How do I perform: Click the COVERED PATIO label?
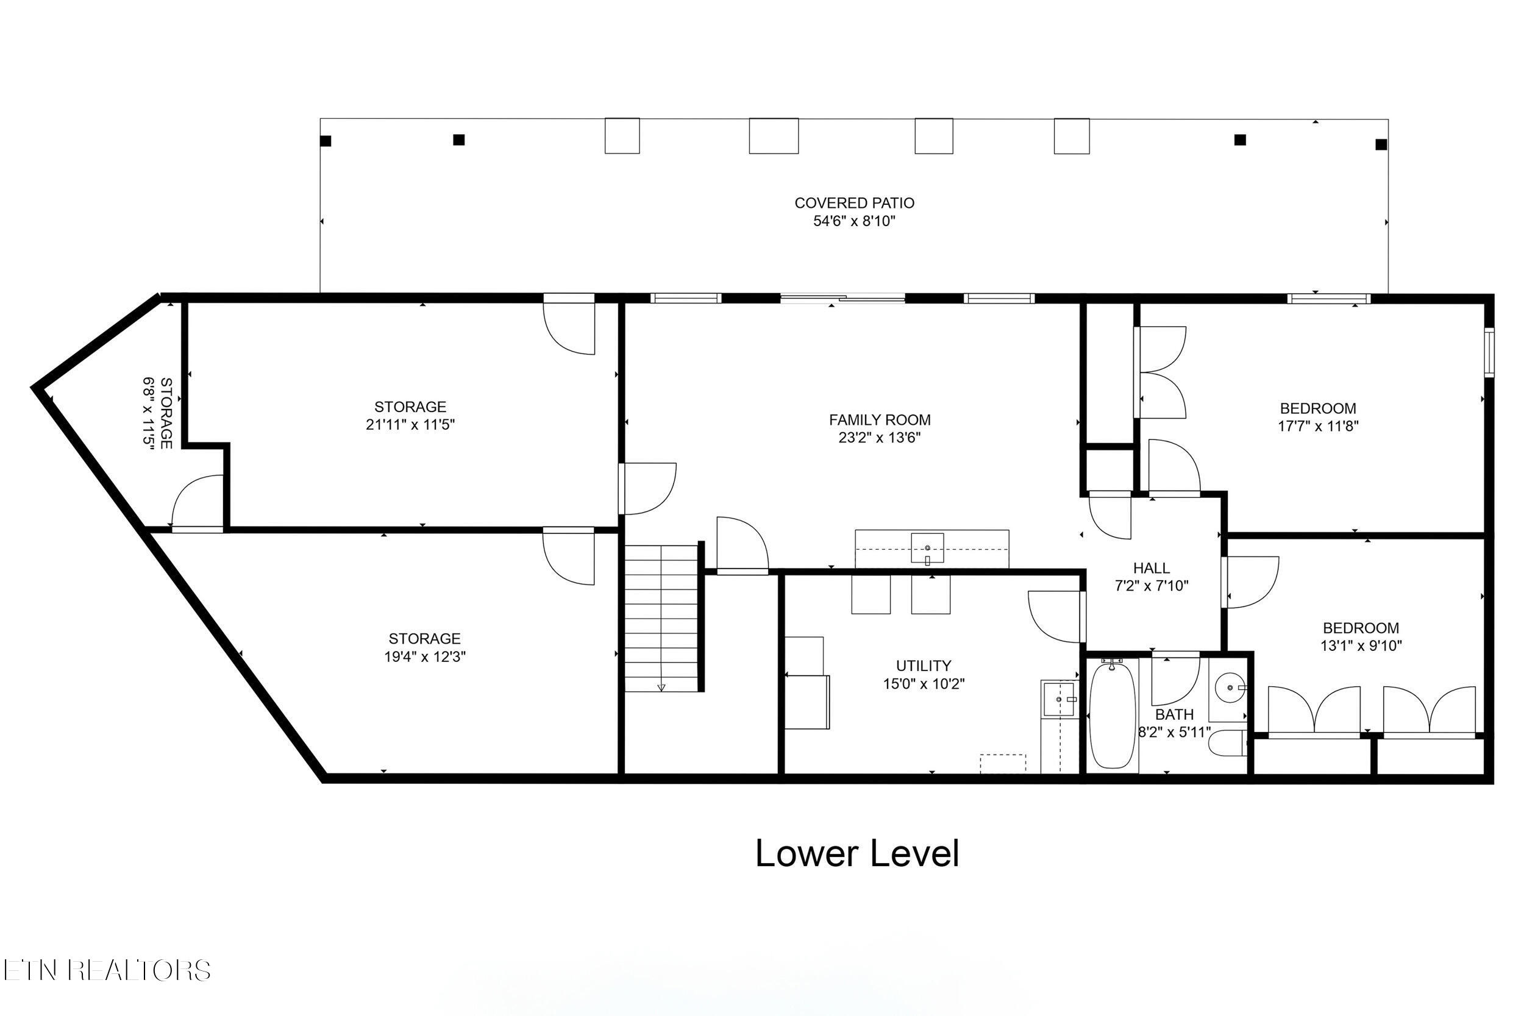[854, 203]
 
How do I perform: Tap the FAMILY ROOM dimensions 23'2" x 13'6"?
[879, 438]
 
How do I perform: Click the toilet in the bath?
[1227, 742]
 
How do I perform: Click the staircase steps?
[661, 618]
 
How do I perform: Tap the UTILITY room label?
[924, 666]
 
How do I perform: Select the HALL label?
[1152, 568]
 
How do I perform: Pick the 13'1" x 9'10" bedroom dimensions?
[1361, 646]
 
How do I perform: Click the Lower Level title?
[856, 854]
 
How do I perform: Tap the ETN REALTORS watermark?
[107, 970]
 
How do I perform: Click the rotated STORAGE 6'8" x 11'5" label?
[157, 413]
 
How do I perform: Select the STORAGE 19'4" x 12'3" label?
[424, 647]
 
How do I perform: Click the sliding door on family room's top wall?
[842, 299]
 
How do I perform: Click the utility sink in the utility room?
[1058, 699]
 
